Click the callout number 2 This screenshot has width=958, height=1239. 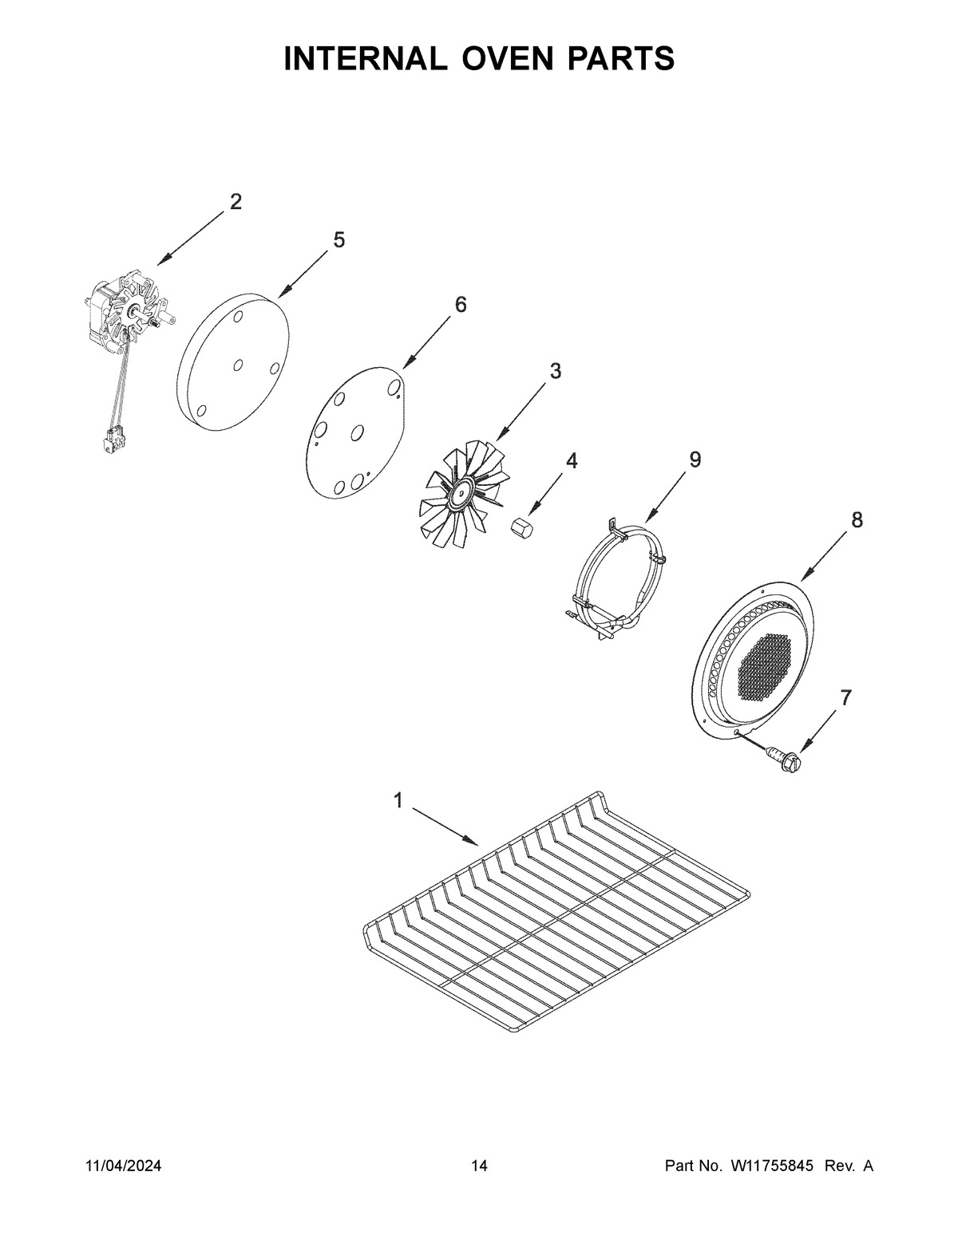coord(236,202)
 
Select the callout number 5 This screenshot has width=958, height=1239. coord(339,239)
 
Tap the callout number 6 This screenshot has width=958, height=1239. coord(461,304)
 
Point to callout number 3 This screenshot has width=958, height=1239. coord(555,371)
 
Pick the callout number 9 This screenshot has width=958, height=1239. coord(695,459)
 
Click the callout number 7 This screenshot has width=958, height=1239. coord(845,697)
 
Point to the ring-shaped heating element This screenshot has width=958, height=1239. coord(616,574)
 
